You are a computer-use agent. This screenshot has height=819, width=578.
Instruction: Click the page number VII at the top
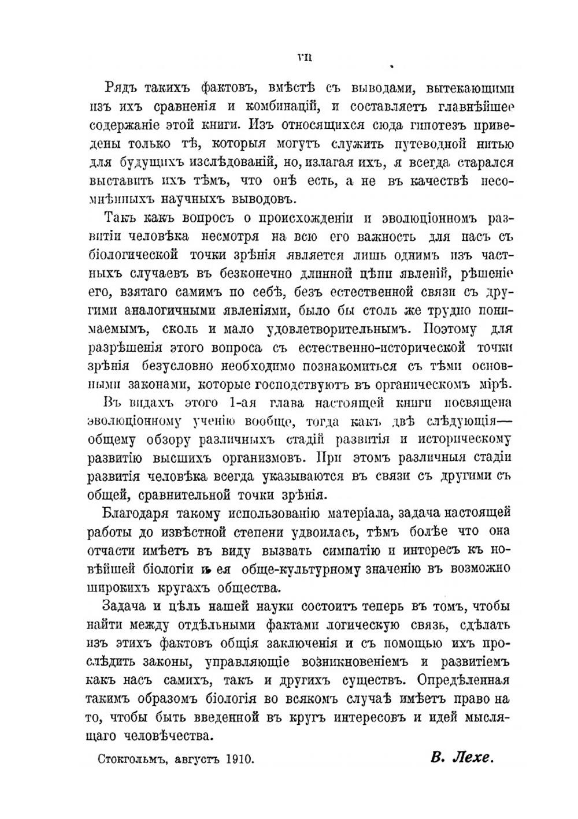point(304,57)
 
